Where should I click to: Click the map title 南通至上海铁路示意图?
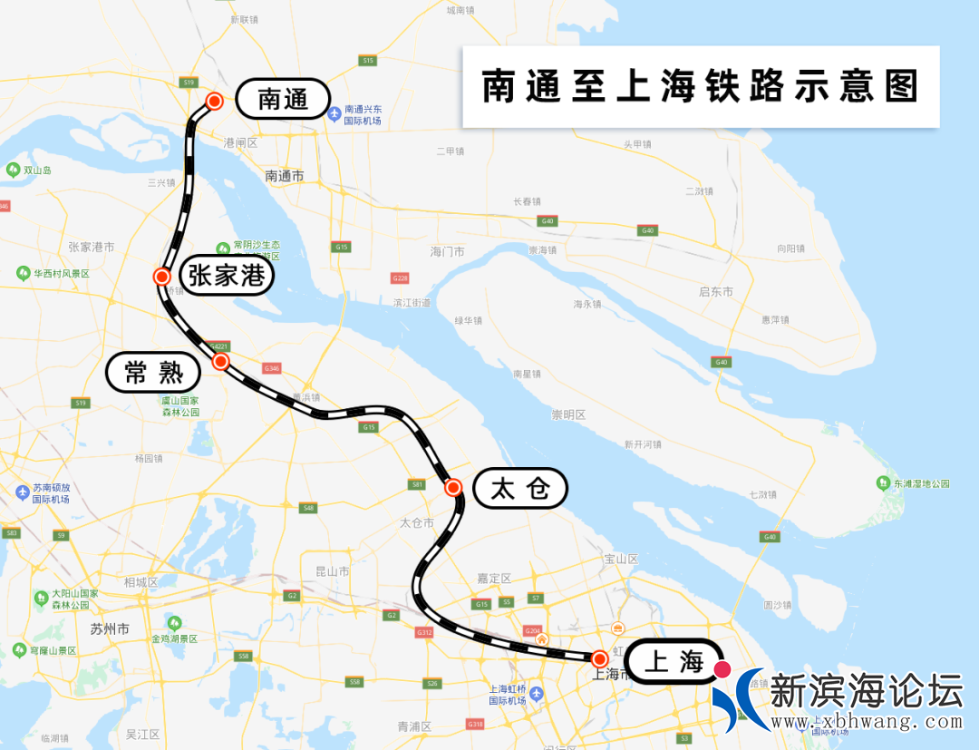coord(700,87)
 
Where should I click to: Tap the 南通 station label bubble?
coord(283,99)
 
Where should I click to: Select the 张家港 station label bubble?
coord(227,275)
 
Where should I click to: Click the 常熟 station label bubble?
coord(153,372)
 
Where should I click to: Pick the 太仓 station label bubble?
coord(520,490)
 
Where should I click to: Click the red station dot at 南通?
coord(215,101)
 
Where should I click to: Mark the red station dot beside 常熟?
coord(220,361)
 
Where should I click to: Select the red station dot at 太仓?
coord(453,488)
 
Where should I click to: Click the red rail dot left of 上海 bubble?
coord(599,658)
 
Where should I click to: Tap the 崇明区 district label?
coord(568,415)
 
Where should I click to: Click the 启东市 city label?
coord(716,292)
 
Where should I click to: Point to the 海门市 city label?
coord(447,251)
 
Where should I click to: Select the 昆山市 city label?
coord(332,571)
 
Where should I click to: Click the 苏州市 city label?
coord(110,628)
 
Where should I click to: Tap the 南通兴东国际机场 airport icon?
coord(334,114)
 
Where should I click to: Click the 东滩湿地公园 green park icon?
coord(884,483)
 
